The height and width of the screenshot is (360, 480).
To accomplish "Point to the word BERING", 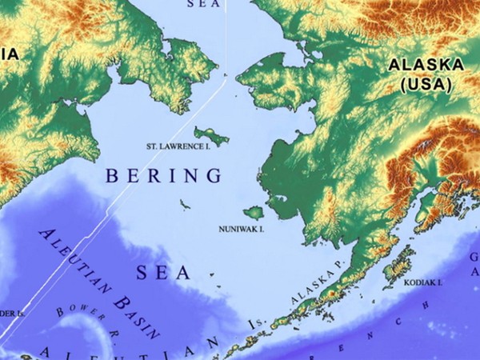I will [163, 174].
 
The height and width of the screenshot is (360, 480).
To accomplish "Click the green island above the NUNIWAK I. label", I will [253, 213].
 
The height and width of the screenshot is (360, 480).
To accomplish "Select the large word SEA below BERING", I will [163, 274].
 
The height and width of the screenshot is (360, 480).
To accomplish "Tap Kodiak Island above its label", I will [398, 269].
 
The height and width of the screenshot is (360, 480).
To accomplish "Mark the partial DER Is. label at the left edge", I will [11, 313].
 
